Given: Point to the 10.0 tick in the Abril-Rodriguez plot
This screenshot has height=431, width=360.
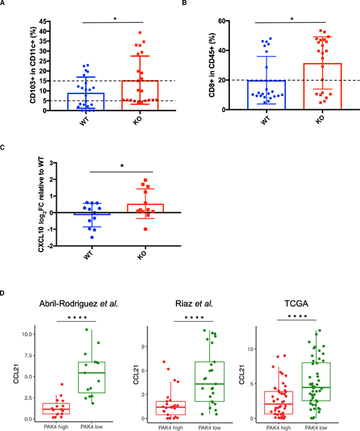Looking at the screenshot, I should [22, 333].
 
